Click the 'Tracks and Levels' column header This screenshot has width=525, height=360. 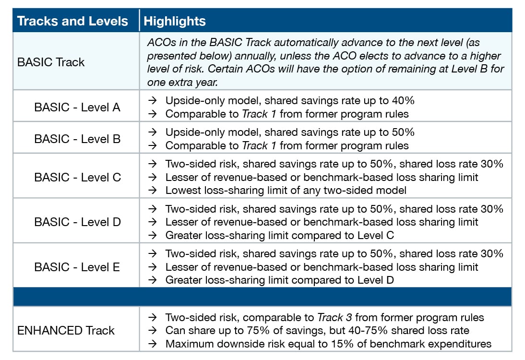pos(72,21)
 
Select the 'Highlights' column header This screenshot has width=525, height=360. pos(175,21)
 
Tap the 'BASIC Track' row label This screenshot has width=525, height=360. pos(51,62)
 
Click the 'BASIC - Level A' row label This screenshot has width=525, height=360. pos(77,107)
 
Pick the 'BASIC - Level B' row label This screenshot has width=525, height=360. pos(77,139)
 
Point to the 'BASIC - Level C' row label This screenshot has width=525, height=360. pos(77,177)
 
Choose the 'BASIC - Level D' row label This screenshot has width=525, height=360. pos(77,222)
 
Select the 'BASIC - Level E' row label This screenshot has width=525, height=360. pos(77,267)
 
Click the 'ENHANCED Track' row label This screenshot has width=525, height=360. pos(66,330)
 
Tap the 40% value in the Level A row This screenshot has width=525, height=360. pos(404,101)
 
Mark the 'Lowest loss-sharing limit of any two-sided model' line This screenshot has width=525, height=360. pos(286,190)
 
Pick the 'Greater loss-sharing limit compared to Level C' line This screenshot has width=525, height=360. pos(280,235)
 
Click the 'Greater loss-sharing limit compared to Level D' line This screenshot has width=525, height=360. pos(280,280)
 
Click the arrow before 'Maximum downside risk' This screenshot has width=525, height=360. pos(153,344)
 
